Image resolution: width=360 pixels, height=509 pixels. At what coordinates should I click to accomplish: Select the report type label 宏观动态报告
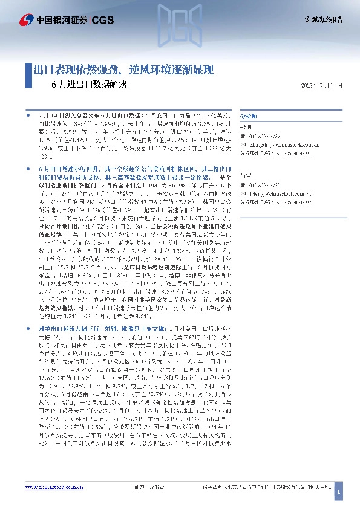[322, 21]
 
